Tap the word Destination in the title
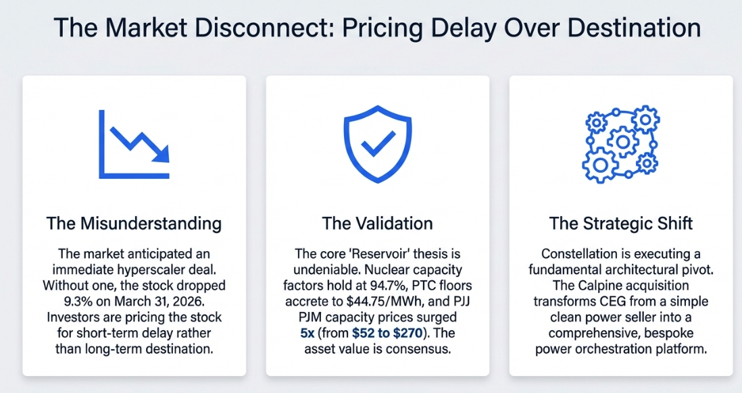tap(634, 28)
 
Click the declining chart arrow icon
tap(134, 145)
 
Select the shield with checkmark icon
tap(378, 144)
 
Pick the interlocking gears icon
tap(620, 144)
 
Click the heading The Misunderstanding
tap(134, 224)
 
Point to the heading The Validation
tap(378, 224)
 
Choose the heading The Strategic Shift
tap(621, 224)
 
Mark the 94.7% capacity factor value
tap(404, 286)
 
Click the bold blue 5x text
tap(307, 334)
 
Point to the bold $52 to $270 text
tap(387, 333)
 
